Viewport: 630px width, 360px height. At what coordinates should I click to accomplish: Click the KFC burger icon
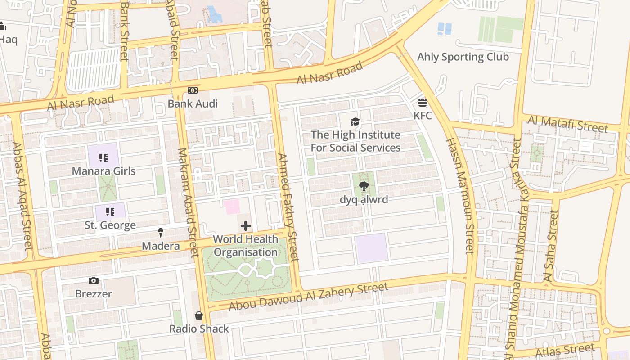coord(422,103)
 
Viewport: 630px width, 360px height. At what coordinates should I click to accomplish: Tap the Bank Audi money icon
coord(193,90)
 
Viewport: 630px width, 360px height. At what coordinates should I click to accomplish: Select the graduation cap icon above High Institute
coord(355,121)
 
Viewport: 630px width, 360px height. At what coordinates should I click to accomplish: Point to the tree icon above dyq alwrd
coord(364,186)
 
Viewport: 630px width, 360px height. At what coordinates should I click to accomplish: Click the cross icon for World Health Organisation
coord(246,226)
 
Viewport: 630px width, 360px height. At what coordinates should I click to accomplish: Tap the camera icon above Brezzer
coord(94,280)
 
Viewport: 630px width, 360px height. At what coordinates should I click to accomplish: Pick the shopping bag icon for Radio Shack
coord(199,315)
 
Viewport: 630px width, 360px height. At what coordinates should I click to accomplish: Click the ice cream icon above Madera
coord(161,233)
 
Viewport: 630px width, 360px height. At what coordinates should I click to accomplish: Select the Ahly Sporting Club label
coord(463,57)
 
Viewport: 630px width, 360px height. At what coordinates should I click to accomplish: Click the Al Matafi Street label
coord(567,124)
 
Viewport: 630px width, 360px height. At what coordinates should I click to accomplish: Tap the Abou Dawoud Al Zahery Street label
coord(308,297)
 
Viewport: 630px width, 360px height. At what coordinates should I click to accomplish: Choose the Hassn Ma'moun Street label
coord(460,196)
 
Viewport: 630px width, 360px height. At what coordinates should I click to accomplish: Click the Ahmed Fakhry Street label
coord(288,207)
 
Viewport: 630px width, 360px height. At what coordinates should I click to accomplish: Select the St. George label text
coord(110,225)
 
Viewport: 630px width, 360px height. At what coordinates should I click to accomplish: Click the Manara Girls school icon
coord(103,158)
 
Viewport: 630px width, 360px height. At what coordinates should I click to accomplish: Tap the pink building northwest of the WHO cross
coord(232,207)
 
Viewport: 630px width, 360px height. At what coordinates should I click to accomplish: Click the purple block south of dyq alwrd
coord(371,248)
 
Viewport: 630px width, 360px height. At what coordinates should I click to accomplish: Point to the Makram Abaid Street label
coord(188,202)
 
